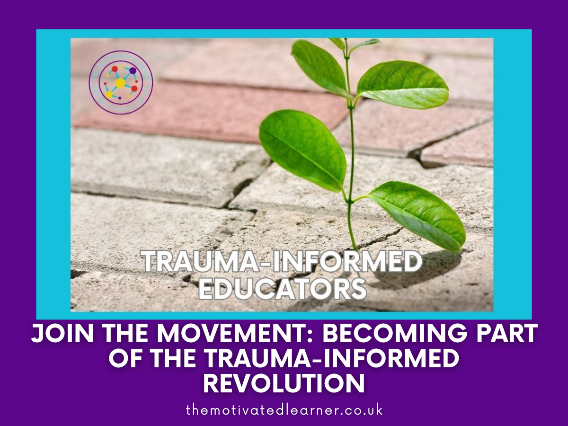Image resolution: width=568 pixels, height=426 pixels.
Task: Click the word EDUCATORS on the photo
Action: pyautogui.click(x=282, y=287)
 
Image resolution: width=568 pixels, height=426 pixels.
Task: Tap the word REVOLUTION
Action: pyautogui.click(x=284, y=384)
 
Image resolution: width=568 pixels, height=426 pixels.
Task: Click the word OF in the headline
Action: pyautogui.click(x=124, y=359)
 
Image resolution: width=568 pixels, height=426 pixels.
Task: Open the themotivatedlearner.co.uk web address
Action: pyautogui.click(x=284, y=410)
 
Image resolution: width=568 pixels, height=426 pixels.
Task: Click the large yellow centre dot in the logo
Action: pyautogui.click(x=120, y=83)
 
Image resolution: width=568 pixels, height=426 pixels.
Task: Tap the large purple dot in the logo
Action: pyautogui.click(x=133, y=71)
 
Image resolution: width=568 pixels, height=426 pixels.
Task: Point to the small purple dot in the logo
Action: pyautogui.click(x=120, y=98)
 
